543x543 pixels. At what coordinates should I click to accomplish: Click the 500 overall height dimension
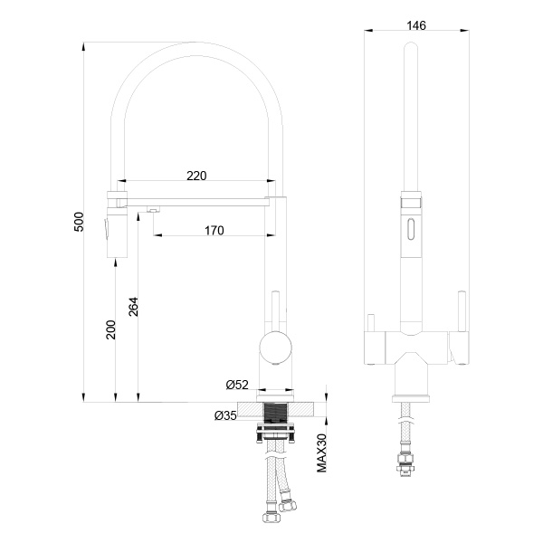(79, 221)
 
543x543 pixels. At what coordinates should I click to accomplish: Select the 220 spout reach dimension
(196, 175)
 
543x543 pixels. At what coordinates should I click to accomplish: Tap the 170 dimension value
(214, 231)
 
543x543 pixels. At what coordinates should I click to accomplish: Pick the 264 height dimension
(133, 308)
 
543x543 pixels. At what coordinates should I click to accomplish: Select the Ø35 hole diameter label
(226, 416)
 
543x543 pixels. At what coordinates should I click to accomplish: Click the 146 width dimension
(416, 24)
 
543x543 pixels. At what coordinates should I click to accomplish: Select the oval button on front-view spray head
(413, 228)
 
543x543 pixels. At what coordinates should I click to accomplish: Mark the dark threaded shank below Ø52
(275, 414)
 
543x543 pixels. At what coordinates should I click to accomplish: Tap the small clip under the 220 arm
(154, 210)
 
